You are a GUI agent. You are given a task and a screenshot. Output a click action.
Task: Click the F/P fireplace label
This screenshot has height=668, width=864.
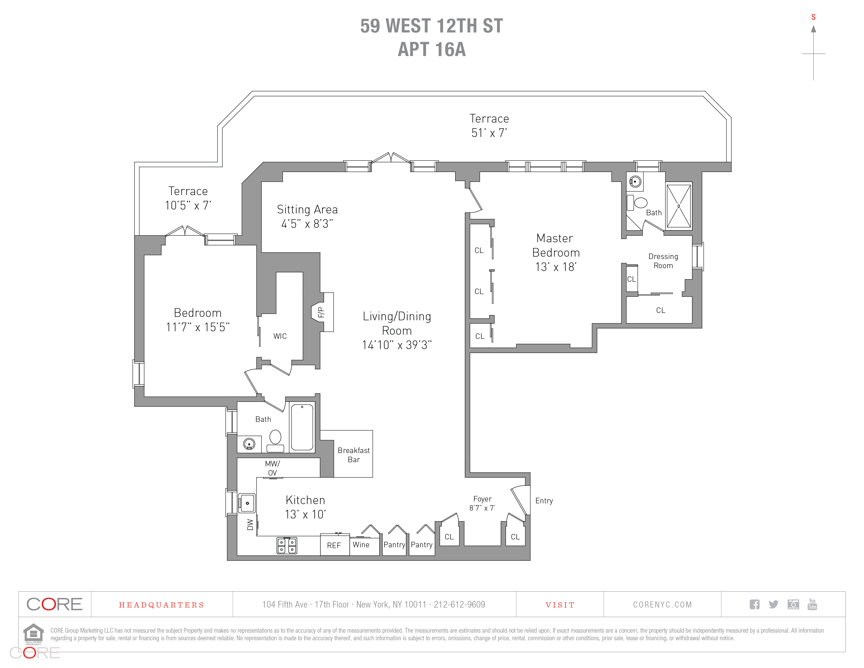click(x=321, y=312)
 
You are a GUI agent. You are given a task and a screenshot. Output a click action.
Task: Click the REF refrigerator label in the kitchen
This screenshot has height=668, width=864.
click(x=334, y=545)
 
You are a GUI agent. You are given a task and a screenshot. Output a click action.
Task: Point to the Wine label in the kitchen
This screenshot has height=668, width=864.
click(x=361, y=544)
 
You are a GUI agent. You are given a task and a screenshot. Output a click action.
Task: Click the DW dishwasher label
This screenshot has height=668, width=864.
click(x=250, y=524)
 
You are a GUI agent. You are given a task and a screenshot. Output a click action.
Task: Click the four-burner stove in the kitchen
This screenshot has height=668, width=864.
click(x=287, y=545)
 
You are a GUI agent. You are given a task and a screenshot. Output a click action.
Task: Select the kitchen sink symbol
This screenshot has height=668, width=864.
click(x=247, y=503)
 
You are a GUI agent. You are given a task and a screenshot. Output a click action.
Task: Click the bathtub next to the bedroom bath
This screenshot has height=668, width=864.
click(x=302, y=427)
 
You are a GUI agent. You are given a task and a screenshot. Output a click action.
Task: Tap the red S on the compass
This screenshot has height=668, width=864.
click(x=813, y=17)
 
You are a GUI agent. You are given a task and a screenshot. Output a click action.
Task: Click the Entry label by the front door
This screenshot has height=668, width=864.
click(x=544, y=501)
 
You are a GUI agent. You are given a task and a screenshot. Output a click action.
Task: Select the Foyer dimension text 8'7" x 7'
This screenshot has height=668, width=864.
click(x=482, y=508)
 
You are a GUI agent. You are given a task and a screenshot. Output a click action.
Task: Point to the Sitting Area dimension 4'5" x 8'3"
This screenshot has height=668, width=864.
click(x=307, y=224)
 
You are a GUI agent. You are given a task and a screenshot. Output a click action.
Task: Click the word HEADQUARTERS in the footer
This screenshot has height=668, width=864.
click(x=161, y=605)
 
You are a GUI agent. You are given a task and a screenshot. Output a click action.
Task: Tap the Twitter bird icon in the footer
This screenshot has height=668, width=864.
click(x=773, y=604)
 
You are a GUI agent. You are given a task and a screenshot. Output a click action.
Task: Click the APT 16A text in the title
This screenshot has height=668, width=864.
click(x=432, y=49)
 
